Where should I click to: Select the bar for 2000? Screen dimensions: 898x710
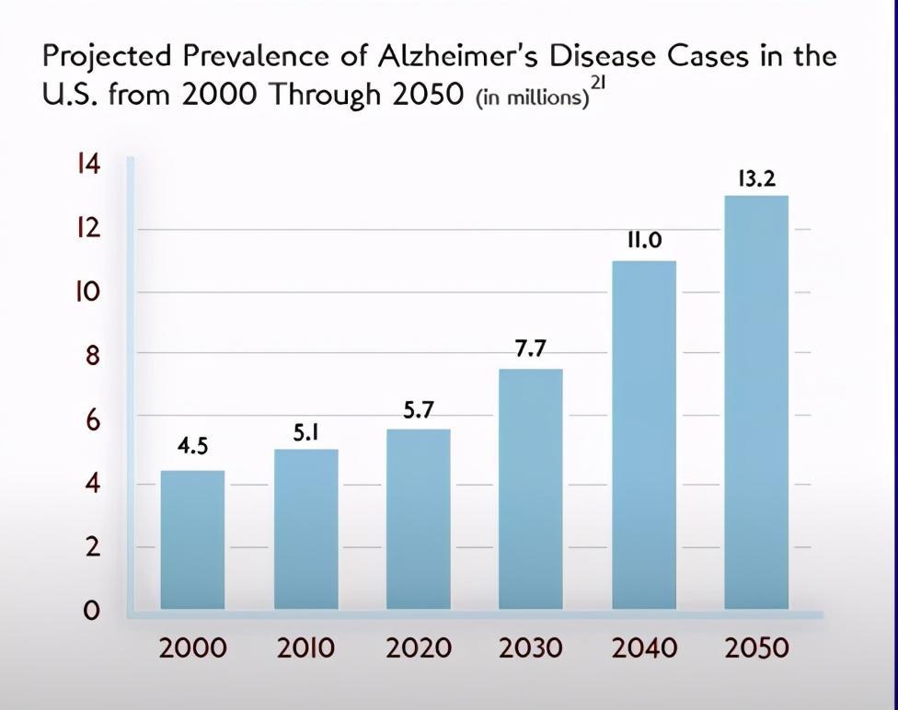point(192,540)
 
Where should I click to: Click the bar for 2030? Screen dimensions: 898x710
point(531,489)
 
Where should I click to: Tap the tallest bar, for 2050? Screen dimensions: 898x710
point(756,402)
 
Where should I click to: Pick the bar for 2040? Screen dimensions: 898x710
point(644,435)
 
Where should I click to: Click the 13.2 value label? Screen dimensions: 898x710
point(756,179)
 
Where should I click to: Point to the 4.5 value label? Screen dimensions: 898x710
point(192,445)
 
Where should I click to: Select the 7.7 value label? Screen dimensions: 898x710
point(531,349)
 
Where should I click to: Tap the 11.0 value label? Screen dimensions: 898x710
point(644,240)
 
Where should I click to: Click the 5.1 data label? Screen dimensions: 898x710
point(305,433)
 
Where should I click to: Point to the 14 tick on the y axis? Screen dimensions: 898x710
point(88,165)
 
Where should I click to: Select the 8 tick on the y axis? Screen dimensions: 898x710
point(92,356)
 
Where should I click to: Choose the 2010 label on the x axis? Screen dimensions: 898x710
point(305,648)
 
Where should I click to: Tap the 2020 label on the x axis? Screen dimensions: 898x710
point(419,648)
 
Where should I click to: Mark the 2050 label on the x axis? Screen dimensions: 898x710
point(756,648)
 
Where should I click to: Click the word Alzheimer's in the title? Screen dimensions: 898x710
point(457,56)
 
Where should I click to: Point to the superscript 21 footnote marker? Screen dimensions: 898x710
point(598,83)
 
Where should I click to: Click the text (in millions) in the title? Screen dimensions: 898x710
point(532,98)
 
